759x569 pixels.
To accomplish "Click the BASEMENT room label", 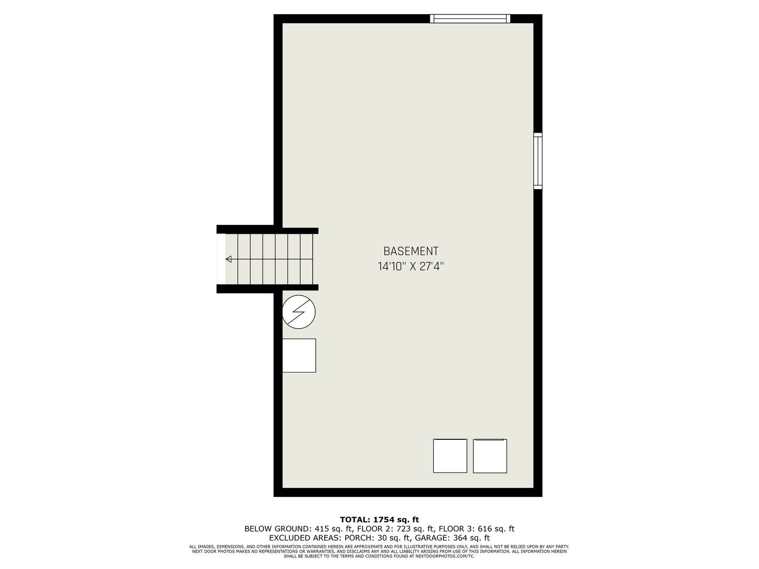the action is (411, 251).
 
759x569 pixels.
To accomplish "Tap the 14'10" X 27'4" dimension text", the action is (411, 267).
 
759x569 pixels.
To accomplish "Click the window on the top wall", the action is (470, 18).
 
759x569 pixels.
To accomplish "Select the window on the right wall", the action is (538, 161).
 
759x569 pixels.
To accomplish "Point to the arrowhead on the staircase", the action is (229, 259).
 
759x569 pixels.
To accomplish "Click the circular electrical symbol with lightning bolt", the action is (299, 312).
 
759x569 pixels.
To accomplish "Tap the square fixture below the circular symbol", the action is (299, 356).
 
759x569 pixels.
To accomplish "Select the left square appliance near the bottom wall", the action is (450, 456).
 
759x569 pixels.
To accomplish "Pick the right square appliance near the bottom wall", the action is (490, 456).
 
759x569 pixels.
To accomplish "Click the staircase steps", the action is (269, 259).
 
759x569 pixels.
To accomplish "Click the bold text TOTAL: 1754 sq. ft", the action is (379, 519).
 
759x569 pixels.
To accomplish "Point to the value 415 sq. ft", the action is (333, 528).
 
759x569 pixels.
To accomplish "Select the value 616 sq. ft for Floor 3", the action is (496, 528).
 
